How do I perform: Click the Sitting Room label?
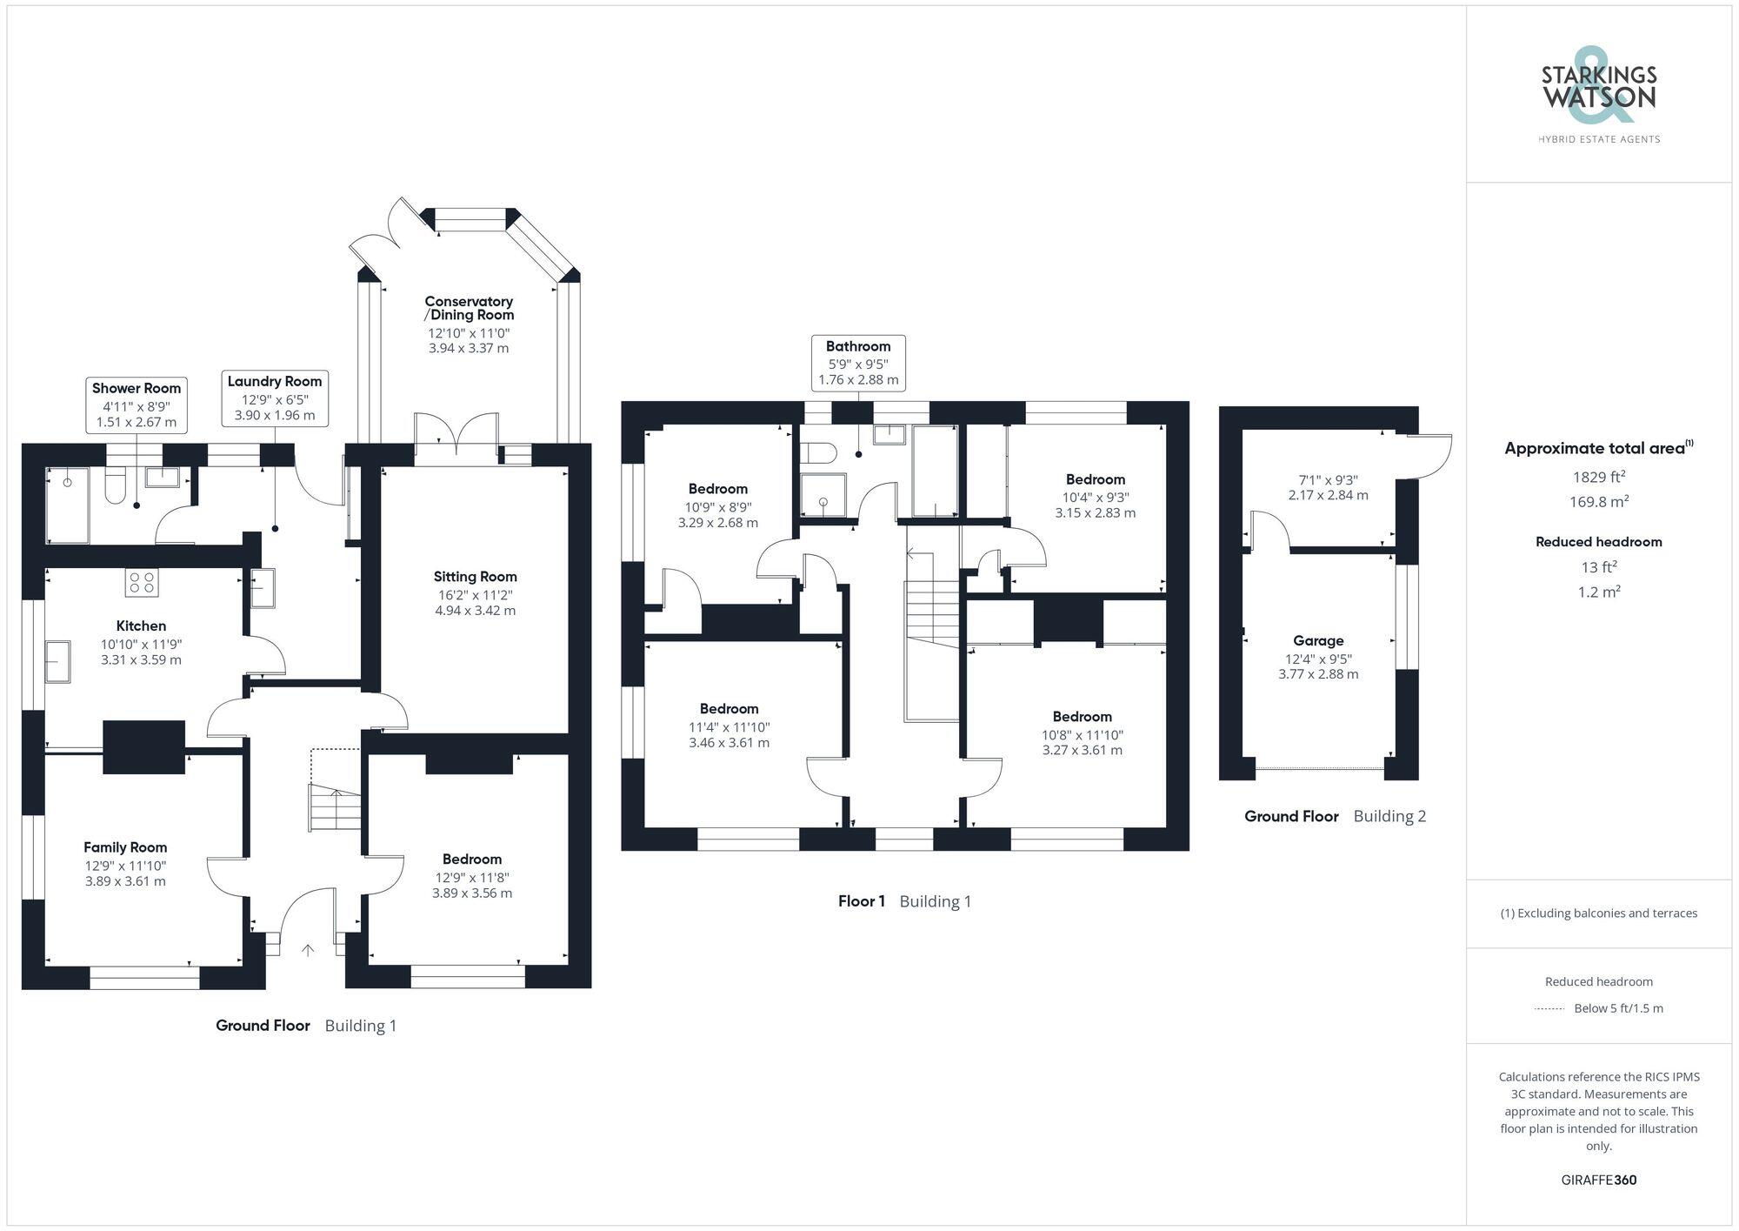tap(475, 577)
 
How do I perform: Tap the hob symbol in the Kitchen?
tap(142, 582)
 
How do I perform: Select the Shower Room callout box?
tap(137, 405)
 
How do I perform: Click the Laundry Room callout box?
tap(275, 398)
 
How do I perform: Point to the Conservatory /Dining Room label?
tap(470, 308)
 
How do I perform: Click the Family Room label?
tap(125, 847)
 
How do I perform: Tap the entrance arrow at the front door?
tap(308, 950)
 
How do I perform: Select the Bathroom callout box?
tap(858, 363)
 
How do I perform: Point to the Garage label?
tap(1318, 641)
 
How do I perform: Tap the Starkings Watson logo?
tap(1598, 96)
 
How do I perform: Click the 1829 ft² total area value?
tap(1599, 477)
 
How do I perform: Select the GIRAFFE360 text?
tap(1598, 1181)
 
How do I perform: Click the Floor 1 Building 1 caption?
tap(904, 901)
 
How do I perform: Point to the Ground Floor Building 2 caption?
tap(1335, 816)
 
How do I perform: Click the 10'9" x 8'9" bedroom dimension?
tap(718, 507)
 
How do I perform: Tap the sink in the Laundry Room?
tap(262, 587)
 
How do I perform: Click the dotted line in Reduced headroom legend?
tap(1549, 1009)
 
